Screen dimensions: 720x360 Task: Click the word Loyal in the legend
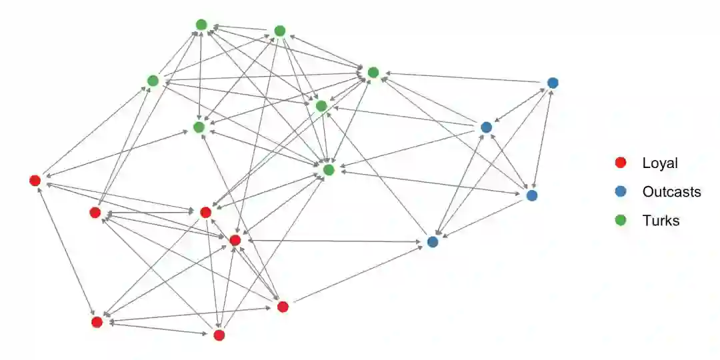[659, 163]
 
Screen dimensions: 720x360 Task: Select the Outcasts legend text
[671, 192]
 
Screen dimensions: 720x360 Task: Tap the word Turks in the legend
[661, 221]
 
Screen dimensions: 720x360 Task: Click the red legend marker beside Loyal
[621, 163]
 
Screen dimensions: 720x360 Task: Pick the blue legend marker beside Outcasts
[621, 192]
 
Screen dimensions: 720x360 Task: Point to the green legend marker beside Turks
[621, 221]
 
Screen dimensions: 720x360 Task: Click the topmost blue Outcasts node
[553, 83]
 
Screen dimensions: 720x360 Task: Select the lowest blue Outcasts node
[433, 241]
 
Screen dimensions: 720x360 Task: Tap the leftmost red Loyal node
[35, 180]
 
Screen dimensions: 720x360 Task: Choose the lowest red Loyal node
[219, 335]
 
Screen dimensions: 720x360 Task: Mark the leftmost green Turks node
[153, 81]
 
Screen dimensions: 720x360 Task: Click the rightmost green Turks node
[373, 72]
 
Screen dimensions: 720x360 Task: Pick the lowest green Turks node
[328, 170]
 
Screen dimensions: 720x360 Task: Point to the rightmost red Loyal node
[283, 307]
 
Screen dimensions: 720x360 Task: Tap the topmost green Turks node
[201, 25]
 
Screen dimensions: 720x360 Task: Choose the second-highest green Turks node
[280, 31]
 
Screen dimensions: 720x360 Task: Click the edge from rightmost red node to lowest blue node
[357, 274]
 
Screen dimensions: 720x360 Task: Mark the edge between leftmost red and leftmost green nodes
[94, 130]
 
